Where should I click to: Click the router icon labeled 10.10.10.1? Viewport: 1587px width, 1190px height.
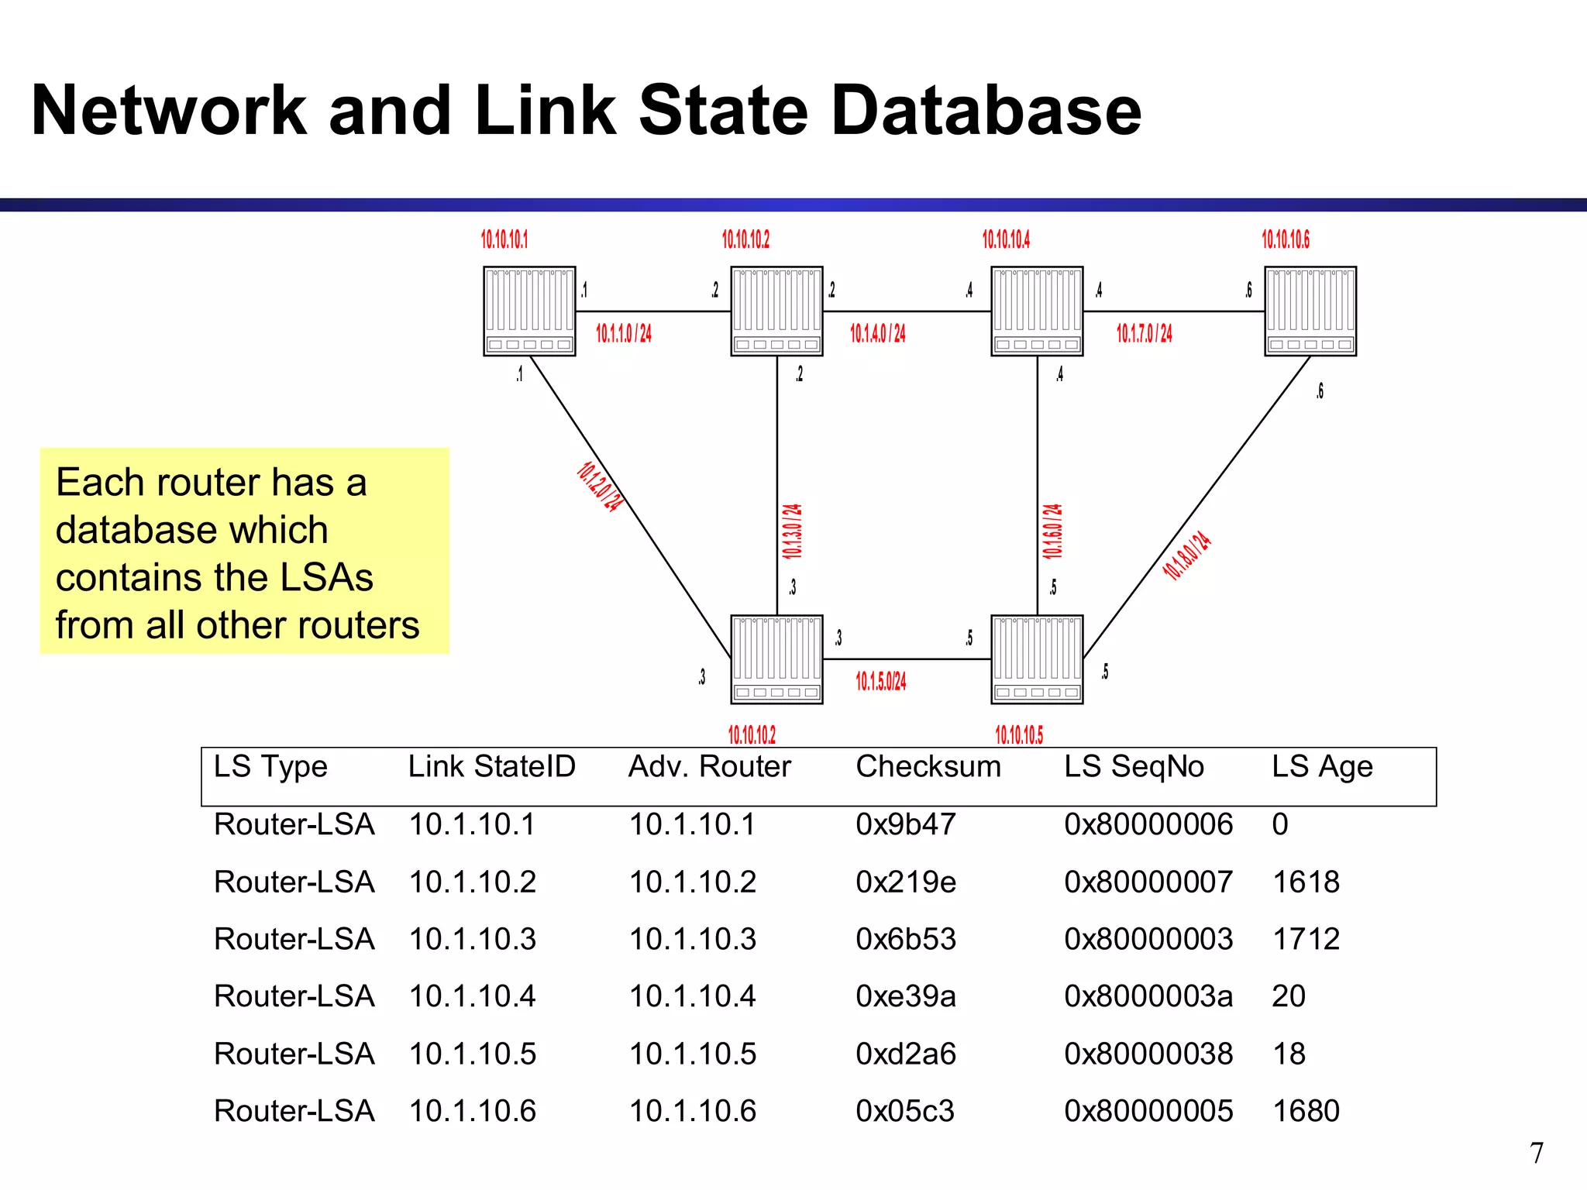529,311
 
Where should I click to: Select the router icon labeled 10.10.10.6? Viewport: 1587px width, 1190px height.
1310,311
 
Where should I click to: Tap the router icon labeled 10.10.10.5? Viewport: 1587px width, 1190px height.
1037,659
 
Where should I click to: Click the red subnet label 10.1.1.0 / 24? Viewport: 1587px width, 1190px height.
623,334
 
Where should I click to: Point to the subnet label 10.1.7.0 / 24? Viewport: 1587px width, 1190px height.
1144,334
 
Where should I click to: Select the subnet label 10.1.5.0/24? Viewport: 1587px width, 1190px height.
880,682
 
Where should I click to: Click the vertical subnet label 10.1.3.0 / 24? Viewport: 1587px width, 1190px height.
792,531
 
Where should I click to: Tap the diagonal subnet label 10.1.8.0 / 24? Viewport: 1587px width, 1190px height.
1186,555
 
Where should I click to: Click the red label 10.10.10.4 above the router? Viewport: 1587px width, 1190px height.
1006,239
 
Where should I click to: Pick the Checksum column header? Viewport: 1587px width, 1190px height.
928,767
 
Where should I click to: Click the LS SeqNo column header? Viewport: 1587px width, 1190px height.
1134,767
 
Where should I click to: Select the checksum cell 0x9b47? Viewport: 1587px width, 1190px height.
905,824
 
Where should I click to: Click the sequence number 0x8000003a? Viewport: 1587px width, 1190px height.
1148,996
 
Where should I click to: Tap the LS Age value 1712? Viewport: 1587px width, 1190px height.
1306,939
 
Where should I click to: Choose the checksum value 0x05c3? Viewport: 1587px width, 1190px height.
904,1111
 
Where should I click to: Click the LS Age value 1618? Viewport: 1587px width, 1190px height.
1306,882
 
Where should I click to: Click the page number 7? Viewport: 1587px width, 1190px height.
1537,1153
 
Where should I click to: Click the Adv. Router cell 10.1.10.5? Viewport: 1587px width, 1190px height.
692,1054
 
